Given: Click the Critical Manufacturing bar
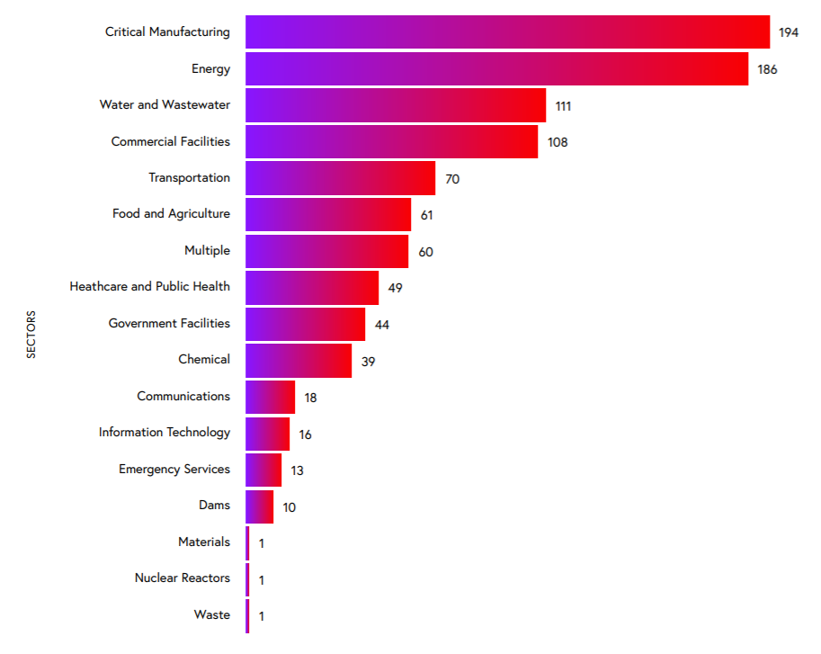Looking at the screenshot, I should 507,32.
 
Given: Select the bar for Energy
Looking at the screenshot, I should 496,69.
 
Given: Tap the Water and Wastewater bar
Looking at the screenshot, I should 396,105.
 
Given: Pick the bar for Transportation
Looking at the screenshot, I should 340,178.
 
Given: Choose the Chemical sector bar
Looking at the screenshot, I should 299,360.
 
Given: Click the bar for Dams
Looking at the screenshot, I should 260,506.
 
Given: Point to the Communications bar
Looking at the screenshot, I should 271,397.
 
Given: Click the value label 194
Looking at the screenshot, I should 789,33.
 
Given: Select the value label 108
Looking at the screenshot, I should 558,142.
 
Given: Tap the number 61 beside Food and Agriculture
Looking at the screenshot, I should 427,215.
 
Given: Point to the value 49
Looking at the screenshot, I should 395,288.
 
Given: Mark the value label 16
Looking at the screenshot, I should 306,435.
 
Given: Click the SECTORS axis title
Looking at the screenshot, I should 31,335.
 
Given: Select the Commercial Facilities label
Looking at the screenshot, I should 171,141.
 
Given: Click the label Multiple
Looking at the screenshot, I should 207,250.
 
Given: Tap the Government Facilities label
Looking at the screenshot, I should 169,323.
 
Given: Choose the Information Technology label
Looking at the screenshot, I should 165,433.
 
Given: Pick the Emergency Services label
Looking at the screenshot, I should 174,469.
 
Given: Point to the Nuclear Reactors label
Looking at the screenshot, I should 183,578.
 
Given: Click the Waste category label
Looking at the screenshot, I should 212,614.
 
